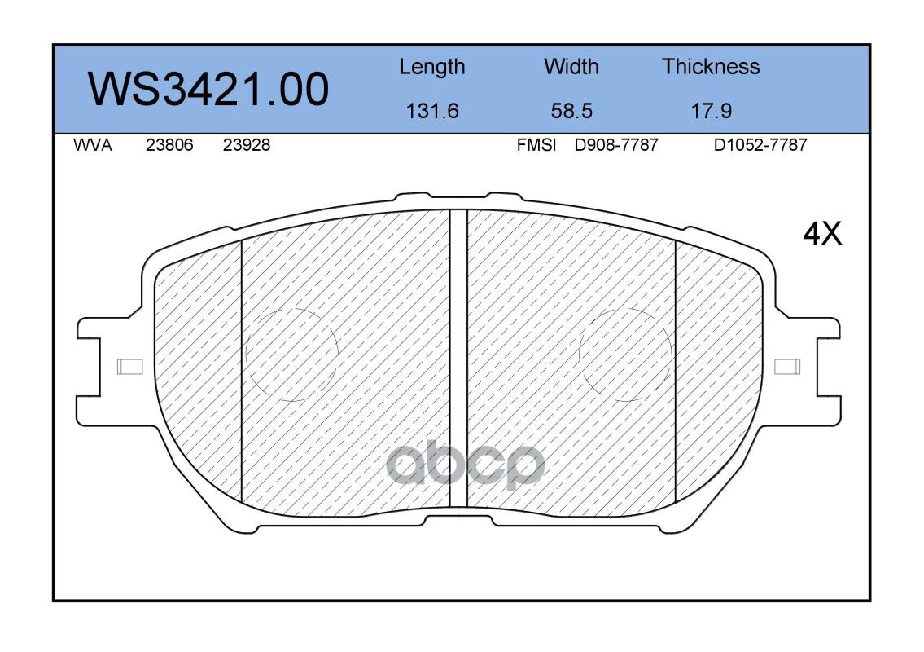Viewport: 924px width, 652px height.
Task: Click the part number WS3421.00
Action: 208,90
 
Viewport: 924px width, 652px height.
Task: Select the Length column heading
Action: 432,68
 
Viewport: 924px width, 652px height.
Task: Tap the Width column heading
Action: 571,66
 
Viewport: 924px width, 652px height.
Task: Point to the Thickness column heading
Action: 711,66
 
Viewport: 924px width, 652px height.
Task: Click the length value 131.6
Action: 432,110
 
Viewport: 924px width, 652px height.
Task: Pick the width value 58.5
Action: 571,110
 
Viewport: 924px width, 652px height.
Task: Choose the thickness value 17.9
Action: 711,110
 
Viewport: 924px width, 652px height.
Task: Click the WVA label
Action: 93,145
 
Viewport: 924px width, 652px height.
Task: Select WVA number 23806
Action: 169,145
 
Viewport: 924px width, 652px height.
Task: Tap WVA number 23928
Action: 247,145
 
